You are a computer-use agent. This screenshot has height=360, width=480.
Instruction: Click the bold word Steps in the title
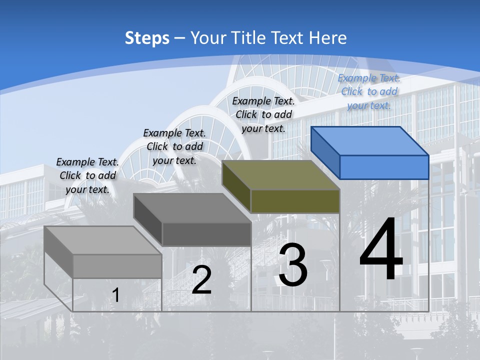(147, 38)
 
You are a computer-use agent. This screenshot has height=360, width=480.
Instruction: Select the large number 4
(381, 249)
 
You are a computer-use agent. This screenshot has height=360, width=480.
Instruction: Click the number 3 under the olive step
(293, 265)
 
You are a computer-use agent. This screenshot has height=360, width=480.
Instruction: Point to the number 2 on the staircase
(201, 280)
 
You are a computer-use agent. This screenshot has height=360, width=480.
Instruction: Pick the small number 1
(115, 295)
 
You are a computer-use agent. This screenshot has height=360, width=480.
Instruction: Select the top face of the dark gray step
(192, 208)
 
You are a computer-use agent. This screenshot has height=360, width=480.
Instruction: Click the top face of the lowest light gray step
(103, 240)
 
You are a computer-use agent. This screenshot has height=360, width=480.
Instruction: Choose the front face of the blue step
(384, 167)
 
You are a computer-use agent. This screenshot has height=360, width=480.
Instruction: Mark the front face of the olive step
(295, 201)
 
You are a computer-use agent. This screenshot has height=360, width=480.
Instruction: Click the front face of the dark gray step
(206, 234)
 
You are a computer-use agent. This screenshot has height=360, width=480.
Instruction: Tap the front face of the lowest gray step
(117, 266)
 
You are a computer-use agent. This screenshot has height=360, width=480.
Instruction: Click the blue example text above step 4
(369, 91)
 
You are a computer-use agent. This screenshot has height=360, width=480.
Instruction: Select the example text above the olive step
(263, 114)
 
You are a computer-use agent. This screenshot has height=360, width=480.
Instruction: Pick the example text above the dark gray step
(174, 146)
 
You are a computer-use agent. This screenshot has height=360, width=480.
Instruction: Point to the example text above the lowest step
(87, 175)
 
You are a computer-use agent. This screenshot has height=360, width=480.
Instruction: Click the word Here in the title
(328, 38)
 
